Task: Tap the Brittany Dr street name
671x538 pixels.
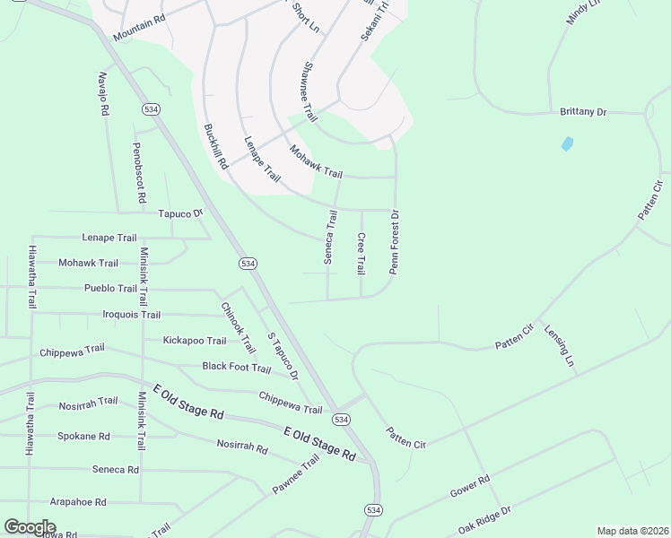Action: [583, 112]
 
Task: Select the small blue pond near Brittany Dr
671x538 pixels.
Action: [566, 143]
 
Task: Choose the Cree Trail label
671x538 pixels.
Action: [361, 254]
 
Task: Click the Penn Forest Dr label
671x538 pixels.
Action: [393, 242]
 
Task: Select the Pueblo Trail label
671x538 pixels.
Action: [110, 289]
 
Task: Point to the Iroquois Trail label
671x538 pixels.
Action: [132, 315]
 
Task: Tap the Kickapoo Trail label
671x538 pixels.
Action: [195, 341]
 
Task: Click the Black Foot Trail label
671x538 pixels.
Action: [236, 367]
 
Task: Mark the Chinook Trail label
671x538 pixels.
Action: [238, 320]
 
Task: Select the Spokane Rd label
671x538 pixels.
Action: [83, 437]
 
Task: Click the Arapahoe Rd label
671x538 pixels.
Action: [78, 502]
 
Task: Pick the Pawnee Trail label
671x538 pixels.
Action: [296, 476]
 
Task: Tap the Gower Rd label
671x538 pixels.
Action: [470, 487]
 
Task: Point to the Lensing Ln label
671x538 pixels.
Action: [558, 348]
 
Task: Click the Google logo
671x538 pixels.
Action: [30, 527]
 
